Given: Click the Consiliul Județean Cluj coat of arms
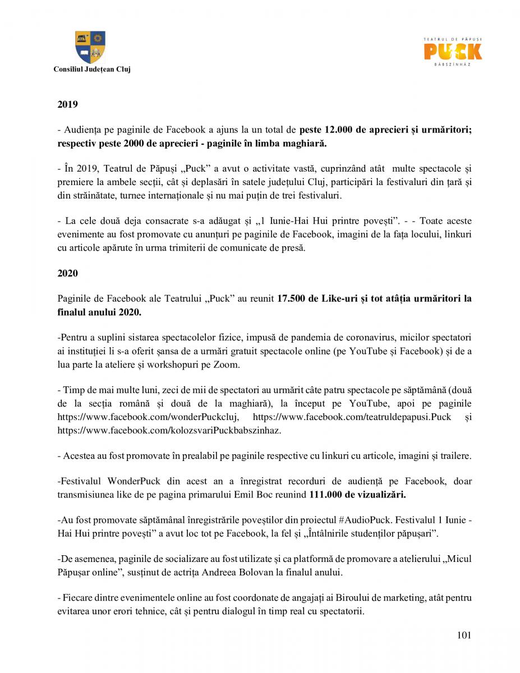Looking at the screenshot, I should pos(90,47).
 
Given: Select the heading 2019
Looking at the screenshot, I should pos(67,104).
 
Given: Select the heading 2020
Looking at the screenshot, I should pos(67,273).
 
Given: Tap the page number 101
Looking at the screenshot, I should pos(464,635).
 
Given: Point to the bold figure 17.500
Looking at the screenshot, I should pos(291,299).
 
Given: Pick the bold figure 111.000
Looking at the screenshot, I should pos(324,495).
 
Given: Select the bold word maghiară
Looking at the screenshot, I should pos(300,143).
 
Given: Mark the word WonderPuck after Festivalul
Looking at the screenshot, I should pos(134,482).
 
